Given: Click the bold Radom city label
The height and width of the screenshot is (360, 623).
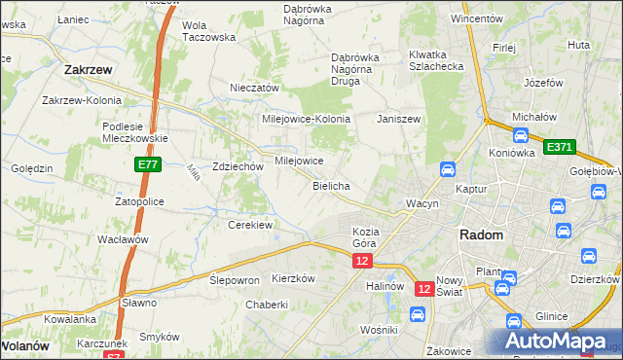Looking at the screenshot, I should pos(481,234).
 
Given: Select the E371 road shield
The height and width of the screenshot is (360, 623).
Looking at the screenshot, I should pos(560,147).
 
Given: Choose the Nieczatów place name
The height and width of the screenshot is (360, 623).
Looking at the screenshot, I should pos(254,88).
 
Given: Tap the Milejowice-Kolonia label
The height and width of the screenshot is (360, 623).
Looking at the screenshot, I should pos(306,119).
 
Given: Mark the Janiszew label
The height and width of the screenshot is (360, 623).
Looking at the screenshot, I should pos(398,119).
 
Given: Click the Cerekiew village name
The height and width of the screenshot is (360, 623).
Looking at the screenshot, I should pos(249,224).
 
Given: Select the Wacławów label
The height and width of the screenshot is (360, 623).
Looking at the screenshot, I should pos(123,239).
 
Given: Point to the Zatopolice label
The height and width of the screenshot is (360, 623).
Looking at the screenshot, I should pos(140,201).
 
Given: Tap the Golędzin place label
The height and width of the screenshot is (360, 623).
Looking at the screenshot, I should pos(31,168).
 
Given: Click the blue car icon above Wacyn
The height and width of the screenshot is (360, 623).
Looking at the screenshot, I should pos(447,168).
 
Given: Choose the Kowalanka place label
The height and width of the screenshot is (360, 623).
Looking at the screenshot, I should pos(69,318).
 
